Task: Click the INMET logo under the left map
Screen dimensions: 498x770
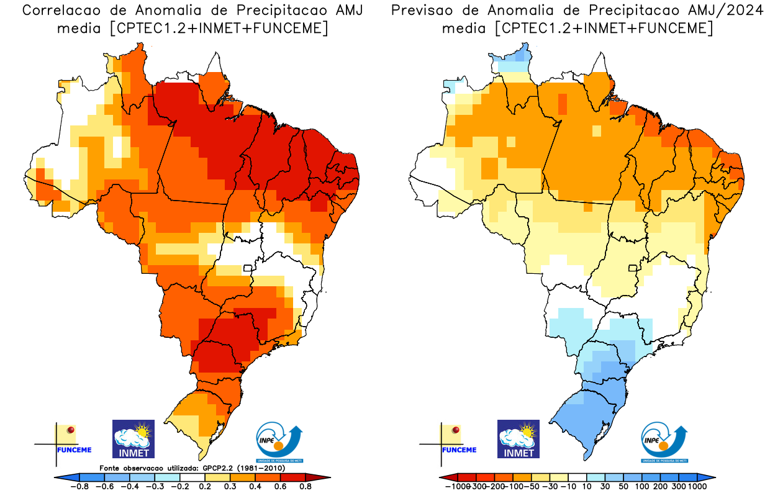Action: [x=133, y=438]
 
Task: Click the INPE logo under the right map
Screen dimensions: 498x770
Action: [x=664, y=442]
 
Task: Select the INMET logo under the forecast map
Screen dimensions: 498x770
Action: [x=519, y=438]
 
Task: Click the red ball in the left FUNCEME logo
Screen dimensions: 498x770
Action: [x=71, y=430]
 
